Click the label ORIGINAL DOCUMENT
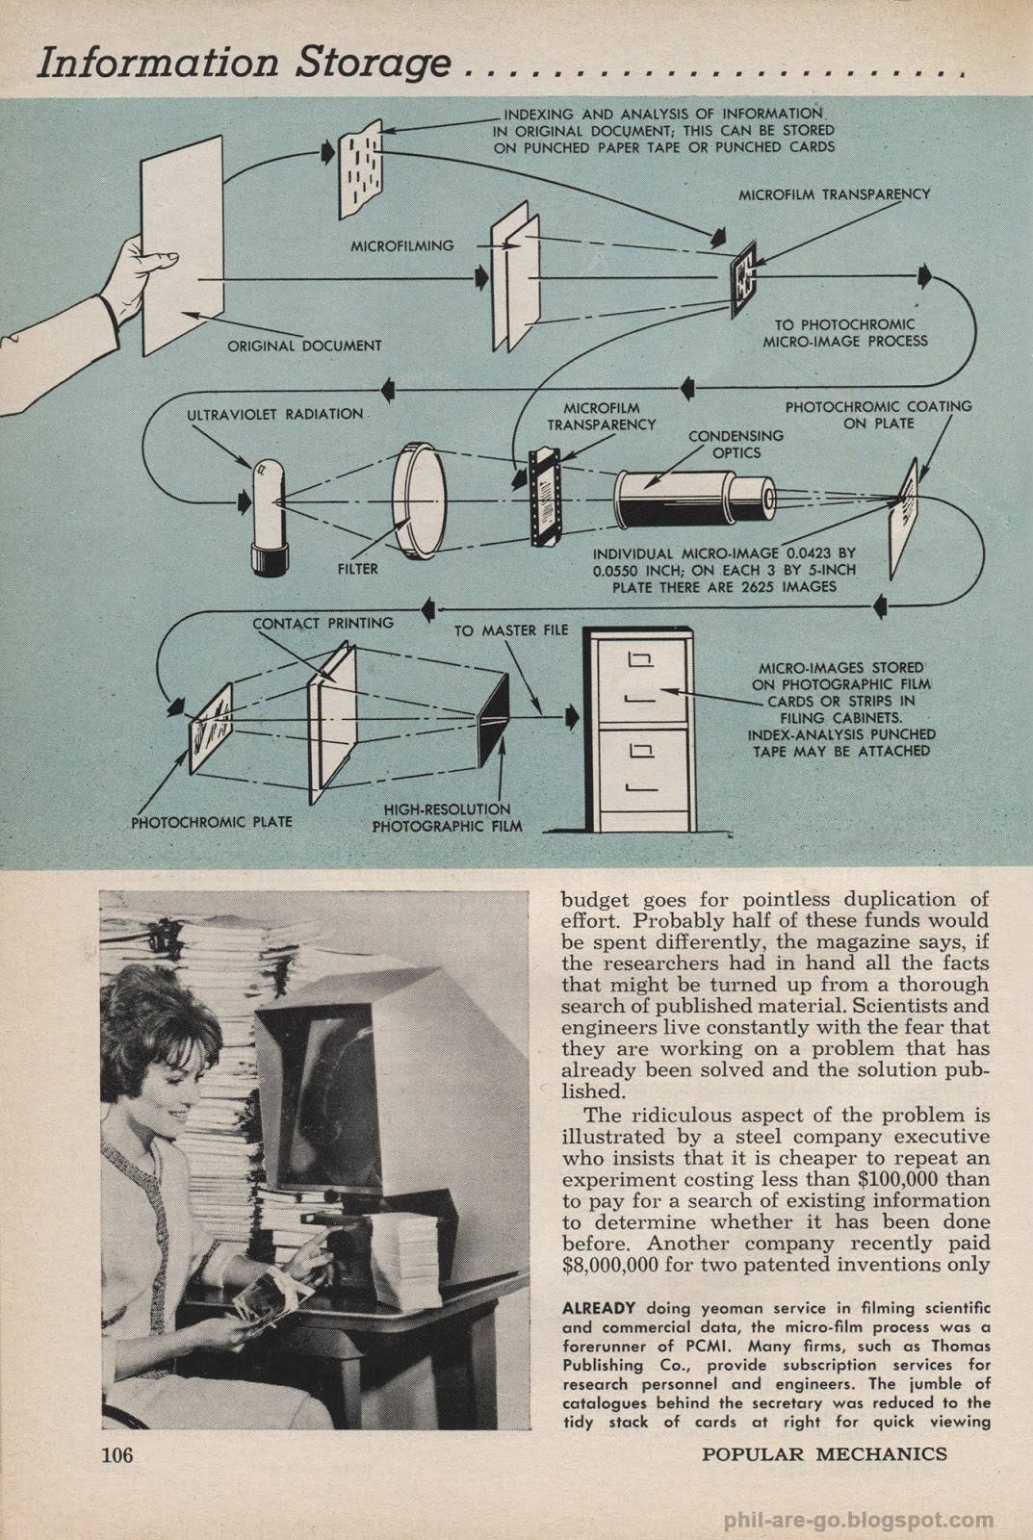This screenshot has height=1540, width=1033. (304, 346)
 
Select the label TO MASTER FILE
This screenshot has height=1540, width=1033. (511, 630)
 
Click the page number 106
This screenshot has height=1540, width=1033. (116, 1453)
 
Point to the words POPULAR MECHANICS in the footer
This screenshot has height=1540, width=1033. (824, 1453)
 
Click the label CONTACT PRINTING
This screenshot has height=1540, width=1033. (323, 623)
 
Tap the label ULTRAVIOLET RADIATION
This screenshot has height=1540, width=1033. (275, 414)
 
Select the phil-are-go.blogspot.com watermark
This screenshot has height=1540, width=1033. (858, 1522)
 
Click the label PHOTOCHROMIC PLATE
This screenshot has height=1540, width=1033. (212, 822)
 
